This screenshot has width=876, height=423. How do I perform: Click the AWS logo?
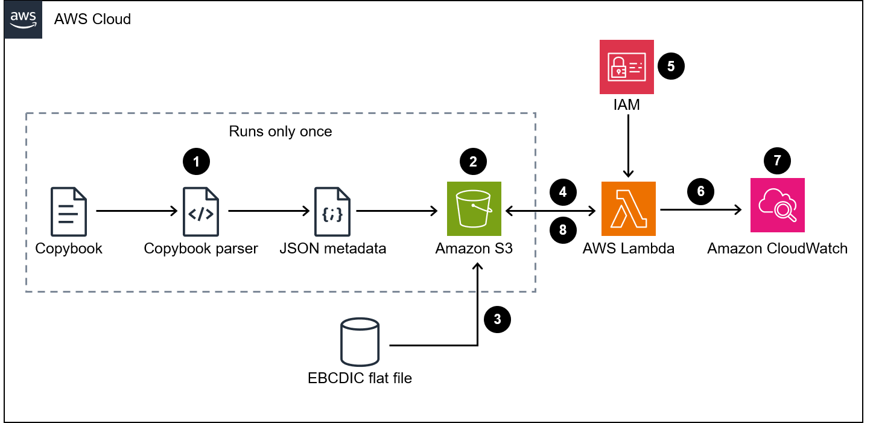coord(23,19)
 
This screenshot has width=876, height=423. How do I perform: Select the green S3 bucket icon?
coord(474,208)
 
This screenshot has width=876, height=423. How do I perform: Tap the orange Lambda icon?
coord(628,208)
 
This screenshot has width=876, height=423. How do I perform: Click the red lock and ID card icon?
coord(626,67)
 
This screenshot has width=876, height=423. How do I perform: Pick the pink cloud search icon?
coord(777,205)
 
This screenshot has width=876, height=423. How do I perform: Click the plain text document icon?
coord(69,211)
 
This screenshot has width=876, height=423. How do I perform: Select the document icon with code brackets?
coord(201,211)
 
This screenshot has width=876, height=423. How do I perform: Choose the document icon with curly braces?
coord(332,211)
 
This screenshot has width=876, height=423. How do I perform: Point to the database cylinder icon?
coord(360,342)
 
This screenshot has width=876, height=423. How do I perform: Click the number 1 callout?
coord(196,162)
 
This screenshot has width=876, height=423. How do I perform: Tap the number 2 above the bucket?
coord(473,162)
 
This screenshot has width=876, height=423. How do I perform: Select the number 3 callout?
coord(497,319)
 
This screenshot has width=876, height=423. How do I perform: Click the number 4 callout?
coord(563,192)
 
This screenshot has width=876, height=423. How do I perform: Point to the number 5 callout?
coord(671,66)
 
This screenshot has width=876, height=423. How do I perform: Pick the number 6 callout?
coord(700,191)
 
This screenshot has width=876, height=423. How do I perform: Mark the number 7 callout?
coord(777,161)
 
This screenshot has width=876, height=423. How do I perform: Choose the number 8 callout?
coord(563,230)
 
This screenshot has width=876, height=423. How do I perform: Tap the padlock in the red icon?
coord(618,68)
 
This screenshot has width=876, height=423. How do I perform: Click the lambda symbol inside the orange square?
coord(628,209)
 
